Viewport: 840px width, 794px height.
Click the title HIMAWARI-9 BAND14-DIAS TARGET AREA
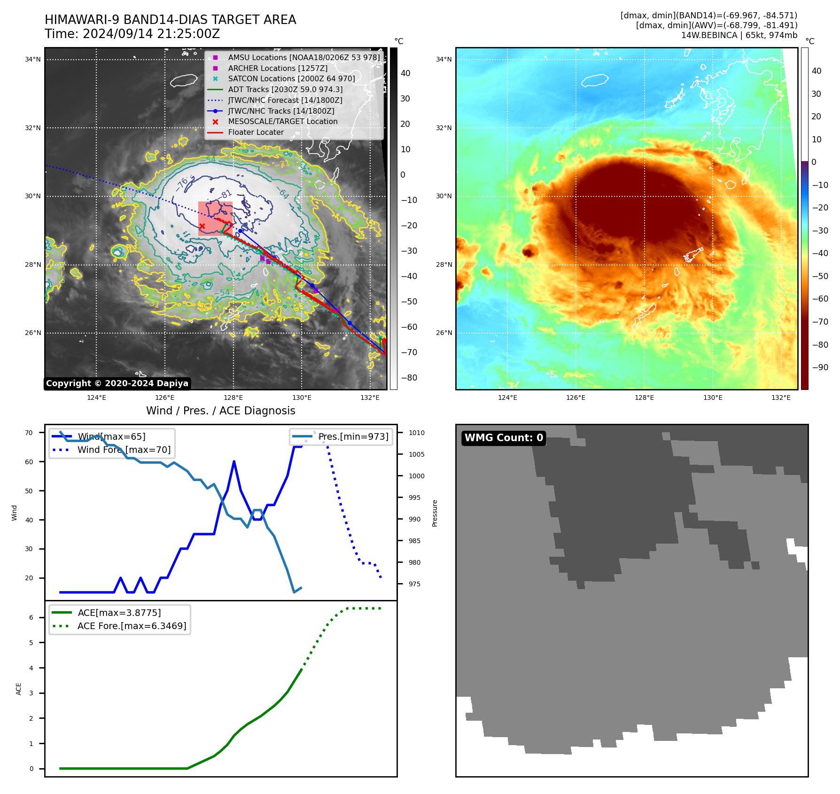pos(170,20)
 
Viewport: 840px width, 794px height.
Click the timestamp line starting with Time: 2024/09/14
pos(132,34)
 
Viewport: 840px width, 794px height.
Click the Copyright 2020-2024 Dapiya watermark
pos(117,383)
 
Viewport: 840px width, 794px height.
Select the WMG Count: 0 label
pos(504,438)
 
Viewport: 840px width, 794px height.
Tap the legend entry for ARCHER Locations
pos(278,68)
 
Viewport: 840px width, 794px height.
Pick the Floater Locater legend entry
pos(256,132)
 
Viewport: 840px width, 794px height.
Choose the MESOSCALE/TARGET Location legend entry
pos(282,121)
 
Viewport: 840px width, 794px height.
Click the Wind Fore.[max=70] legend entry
pos(124,450)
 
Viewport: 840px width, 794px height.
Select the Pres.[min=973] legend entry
pos(353,436)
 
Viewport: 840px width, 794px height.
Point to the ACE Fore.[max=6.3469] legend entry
pos(132,626)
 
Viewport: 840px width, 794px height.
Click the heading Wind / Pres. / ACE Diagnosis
pos(221,411)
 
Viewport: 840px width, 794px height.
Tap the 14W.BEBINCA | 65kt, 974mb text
pos(739,35)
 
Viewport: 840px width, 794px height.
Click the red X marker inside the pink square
pos(202,226)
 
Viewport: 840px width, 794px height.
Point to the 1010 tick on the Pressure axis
pos(416,433)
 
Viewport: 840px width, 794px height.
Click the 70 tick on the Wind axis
pos(29,433)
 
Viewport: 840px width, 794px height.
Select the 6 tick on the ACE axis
pos(31,617)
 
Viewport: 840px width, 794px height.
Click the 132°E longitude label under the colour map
pos(781,397)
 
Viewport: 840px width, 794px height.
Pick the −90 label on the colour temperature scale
pos(820,367)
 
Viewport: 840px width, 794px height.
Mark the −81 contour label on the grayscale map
pos(226,194)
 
